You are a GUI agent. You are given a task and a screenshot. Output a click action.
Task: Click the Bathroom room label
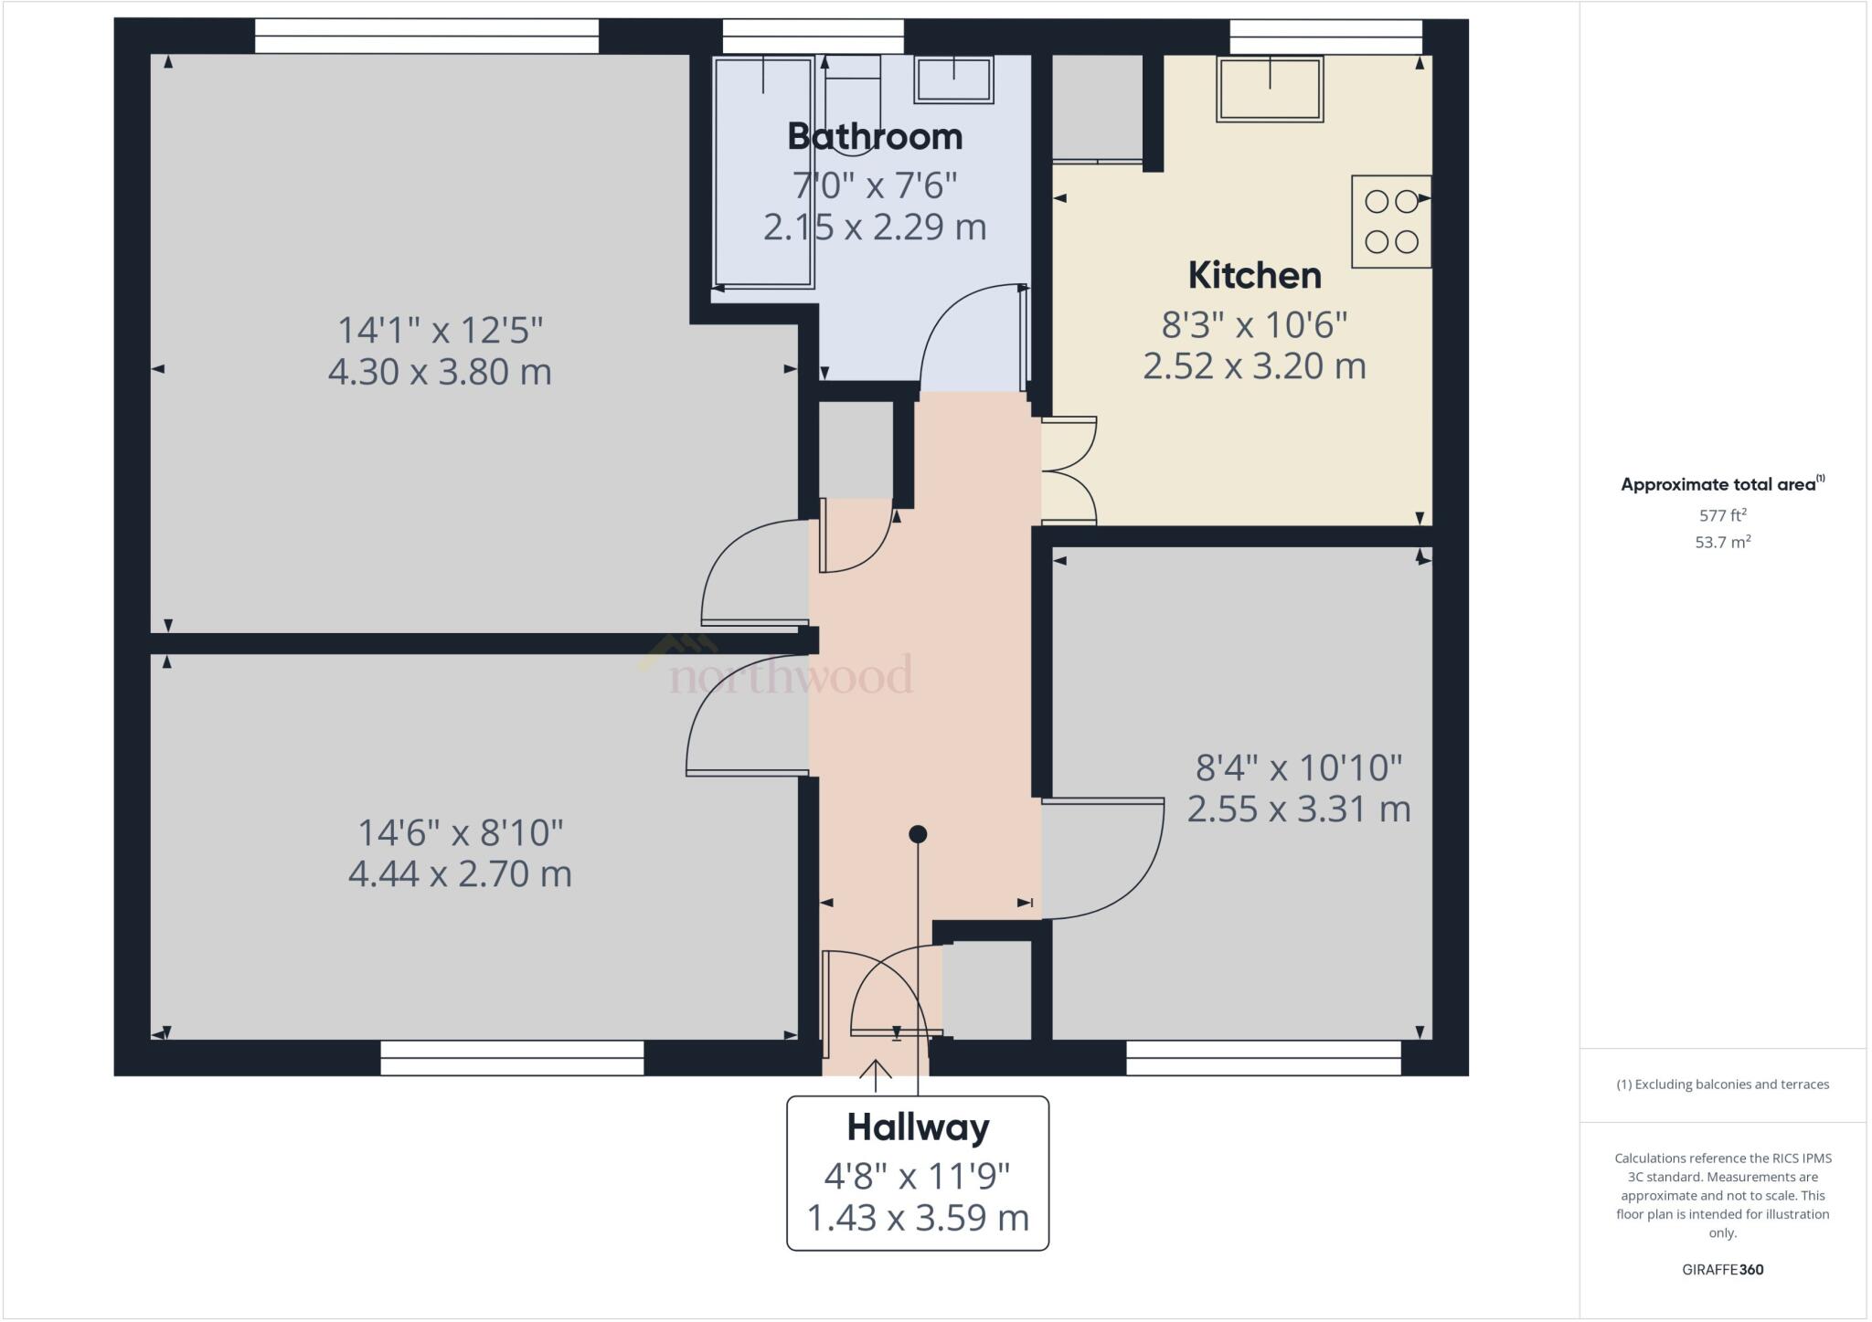(875, 137)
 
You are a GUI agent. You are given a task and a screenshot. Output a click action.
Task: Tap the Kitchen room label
(1254, 275)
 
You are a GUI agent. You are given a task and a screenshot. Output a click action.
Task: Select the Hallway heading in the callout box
(918, 1127)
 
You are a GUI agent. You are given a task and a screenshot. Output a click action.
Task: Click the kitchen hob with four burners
(1391, 221)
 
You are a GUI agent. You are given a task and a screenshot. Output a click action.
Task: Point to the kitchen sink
(1270, 89)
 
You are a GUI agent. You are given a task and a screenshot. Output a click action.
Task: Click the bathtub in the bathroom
(763, 172)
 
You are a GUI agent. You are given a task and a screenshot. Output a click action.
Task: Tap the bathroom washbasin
(953, 79)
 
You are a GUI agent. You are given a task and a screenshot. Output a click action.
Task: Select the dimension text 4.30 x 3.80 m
(440, 372)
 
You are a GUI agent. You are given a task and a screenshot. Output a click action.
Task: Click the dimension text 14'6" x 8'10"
(460, 833)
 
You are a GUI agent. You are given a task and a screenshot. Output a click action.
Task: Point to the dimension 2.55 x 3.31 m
(1299, 809)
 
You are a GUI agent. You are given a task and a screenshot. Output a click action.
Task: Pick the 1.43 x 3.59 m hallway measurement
(918, 1218)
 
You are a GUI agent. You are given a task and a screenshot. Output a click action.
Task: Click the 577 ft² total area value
(1722, 515)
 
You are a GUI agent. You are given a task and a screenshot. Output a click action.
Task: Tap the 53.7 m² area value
(1722, 542)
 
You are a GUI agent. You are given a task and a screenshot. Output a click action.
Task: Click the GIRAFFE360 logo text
(1722, 1269)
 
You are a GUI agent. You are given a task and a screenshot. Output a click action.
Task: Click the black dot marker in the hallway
(918, 834)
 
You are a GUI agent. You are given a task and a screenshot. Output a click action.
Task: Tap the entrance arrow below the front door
(877, 1075)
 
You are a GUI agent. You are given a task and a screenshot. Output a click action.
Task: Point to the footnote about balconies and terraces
(1722, 1084)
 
